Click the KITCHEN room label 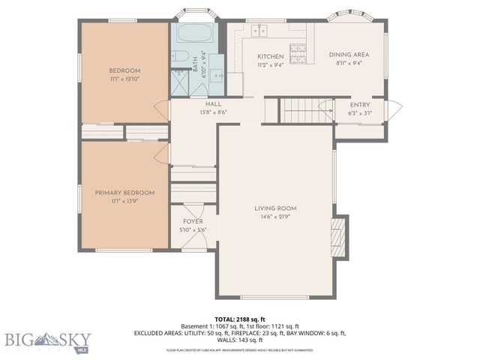[270, 56]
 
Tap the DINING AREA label [349, 54]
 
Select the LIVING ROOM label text [275, 208]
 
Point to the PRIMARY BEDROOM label [124, 193]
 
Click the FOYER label [193, 222]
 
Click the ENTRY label [361, 103]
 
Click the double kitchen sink [260, 29]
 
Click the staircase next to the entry [303, 111]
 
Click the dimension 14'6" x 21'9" [275, 218]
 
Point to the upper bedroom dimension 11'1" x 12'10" [124, 79]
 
